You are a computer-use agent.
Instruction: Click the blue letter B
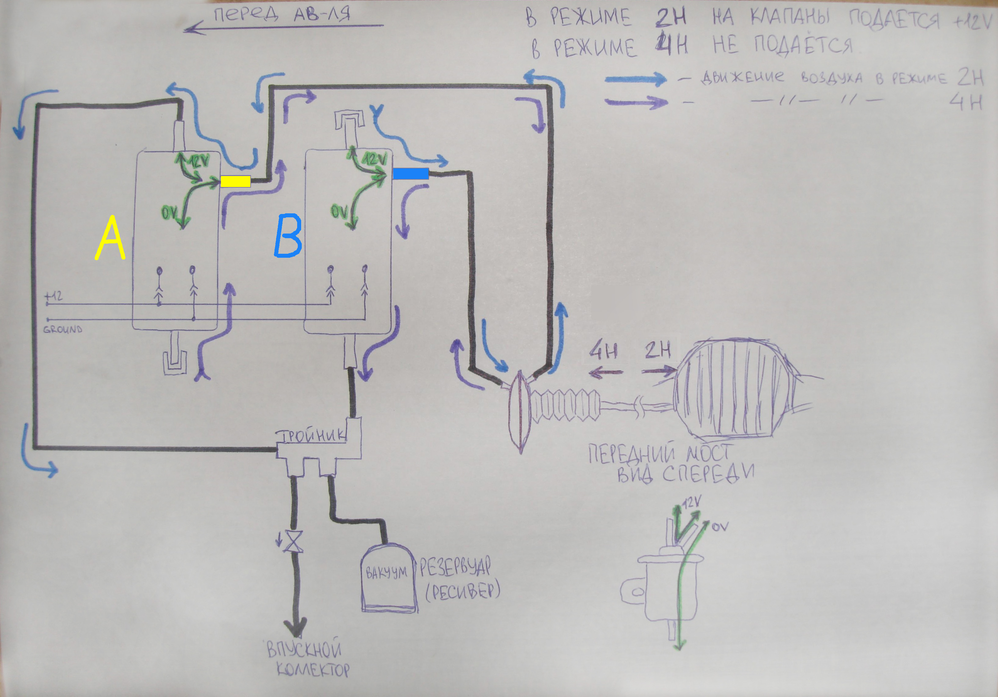coord(288,236)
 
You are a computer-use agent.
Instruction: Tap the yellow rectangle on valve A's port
coord(235,181)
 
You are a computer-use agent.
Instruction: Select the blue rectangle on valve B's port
coord(411,174)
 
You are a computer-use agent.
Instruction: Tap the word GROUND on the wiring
coord(63,329)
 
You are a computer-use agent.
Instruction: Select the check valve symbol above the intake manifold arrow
coord(293,541)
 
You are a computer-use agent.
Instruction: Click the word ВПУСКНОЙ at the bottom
coord(303,650)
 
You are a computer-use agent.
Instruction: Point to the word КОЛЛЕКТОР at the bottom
coord(313,670)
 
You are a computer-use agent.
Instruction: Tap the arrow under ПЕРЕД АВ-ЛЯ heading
coord(282,27)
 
